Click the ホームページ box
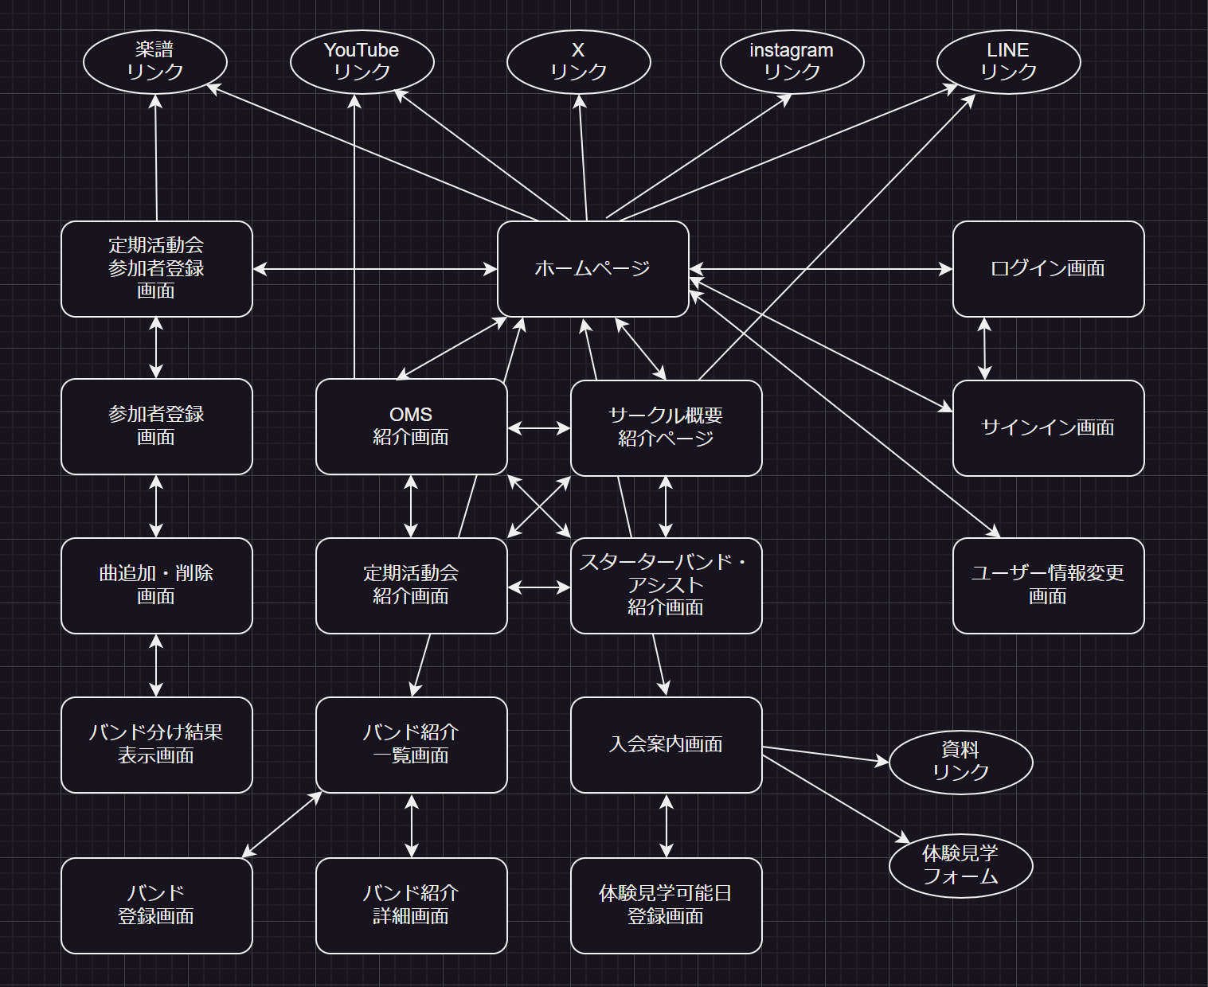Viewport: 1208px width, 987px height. (592, 268)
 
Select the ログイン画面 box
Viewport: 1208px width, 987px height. (1048, 268)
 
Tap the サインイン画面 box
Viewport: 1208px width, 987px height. (1048, 427)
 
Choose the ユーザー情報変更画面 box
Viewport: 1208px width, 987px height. (1048, 585)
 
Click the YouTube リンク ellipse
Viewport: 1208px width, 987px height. (362, 61)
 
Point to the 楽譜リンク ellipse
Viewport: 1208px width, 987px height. (155, 61)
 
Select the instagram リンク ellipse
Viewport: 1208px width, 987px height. (792, 61)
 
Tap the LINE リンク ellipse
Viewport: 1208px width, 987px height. (1008, 61)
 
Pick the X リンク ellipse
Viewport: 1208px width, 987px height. (578, 61)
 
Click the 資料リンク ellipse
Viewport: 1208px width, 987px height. (960, 762)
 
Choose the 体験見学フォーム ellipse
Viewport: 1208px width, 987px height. (960, 865)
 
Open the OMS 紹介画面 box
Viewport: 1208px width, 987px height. (411, 426)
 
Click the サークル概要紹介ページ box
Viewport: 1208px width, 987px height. (666, 427)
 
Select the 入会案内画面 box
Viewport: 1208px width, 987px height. (666, 744)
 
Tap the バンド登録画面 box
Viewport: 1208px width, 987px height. (156, 905)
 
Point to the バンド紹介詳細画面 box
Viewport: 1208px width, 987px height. (411, 905)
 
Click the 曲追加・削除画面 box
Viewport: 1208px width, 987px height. (156, 585)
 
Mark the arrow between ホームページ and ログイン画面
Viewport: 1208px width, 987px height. (820, 269)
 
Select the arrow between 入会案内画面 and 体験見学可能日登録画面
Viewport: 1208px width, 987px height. (667, 825)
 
